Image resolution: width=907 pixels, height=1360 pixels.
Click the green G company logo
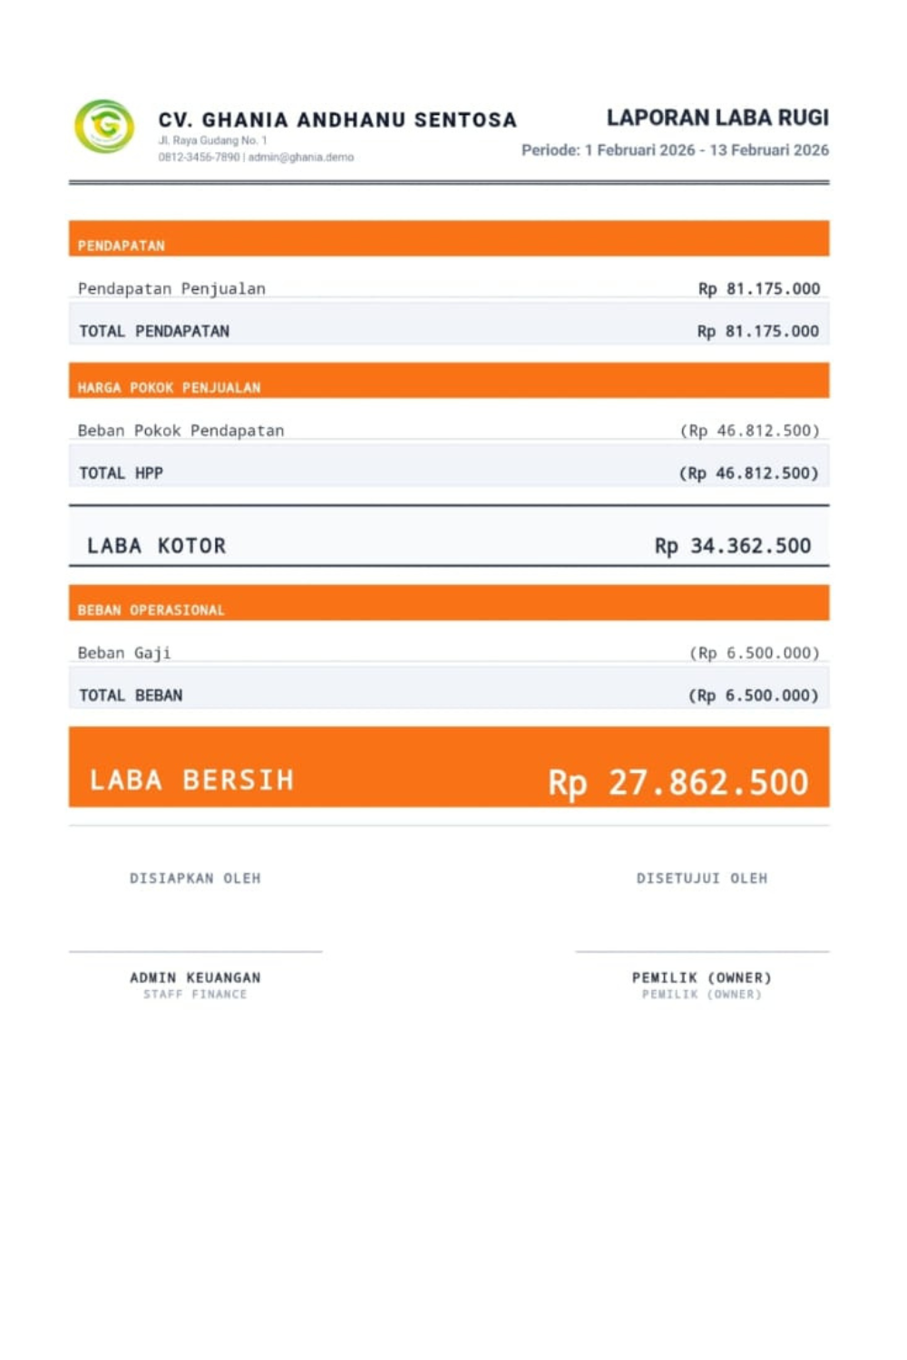coord(104,126)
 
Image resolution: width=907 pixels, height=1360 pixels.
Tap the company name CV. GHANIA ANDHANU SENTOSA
coord(337,120)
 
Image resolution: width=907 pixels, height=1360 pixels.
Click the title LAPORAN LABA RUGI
coord(717,118)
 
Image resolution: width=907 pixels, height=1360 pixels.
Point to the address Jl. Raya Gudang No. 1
coord(212,141)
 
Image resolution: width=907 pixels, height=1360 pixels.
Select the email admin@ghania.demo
coord(301,157)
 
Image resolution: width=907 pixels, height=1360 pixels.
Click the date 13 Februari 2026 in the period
coord(769,150)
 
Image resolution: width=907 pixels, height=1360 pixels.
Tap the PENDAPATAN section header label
coord(122,246)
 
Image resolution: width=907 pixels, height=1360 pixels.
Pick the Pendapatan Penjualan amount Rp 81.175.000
coord(759,288)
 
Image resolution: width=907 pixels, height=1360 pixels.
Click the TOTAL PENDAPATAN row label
coord(154,331)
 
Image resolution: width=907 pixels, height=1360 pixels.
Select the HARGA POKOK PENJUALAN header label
coord(169,387)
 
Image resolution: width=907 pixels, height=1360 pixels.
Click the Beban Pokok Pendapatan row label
coord(180,431)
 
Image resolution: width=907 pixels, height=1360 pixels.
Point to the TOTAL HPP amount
coord(749,472)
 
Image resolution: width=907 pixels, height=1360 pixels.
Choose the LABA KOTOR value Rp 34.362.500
coord(733,546)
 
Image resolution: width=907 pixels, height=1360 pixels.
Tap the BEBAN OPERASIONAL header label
coord(151,610)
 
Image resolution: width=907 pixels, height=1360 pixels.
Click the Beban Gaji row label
coord(124,653)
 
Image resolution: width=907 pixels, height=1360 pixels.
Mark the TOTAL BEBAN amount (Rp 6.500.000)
coord(754,695)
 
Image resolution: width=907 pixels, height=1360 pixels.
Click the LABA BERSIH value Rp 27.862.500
coord(678,782)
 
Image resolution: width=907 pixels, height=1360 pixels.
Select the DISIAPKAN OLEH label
coord(195,878)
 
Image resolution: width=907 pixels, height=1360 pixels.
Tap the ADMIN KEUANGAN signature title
coord(195,977)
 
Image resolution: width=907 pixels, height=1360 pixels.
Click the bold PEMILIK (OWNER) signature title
coord(702,977)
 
